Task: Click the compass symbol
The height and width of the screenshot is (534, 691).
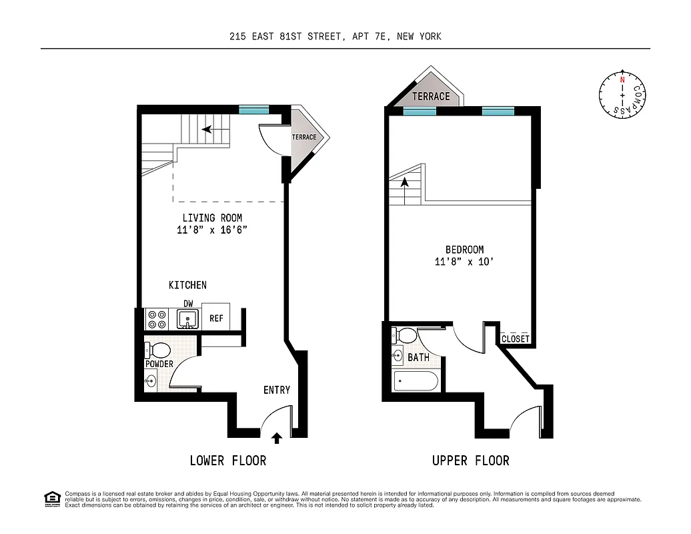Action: pyautogui.click(x=622, y=95)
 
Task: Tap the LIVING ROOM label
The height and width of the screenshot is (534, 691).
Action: pyautogui.click(x=212, y=218)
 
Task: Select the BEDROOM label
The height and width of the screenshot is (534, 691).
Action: pyautogui.click(x=464, y=250)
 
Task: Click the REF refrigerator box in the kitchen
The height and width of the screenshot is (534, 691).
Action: pyautogui.click(x=216, y=318)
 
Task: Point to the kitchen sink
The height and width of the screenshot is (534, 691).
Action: pyautogui.click(x=188, y=319)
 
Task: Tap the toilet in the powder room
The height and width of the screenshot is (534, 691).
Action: pyautogui.click(x=158, y=350)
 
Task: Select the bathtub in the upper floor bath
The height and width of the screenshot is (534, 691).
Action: pyautogui.click(x=416, y=382)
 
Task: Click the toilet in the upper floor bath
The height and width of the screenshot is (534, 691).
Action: pyautogui.click(x=404, y=334)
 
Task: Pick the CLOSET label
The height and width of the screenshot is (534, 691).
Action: pyautogui.click(x=516, y=339)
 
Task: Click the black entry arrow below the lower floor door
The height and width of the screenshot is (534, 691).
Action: pyautogui.click(x=277, y=439)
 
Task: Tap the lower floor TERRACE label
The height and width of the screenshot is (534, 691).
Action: pyautogui.click(x=303, y=138)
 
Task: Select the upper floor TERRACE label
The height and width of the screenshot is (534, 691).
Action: pyautogui.click(x=431, y=96)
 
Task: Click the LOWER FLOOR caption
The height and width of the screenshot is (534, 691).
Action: pyautogui.click(x=227, y=461)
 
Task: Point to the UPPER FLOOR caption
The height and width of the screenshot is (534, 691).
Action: pyautogui.click(x=470, y=461)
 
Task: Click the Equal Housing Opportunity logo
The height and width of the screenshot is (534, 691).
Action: pyautogui.click(x=51, y=498)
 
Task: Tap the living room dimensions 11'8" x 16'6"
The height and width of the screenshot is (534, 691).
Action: pyautogui.click(x=212, y=230)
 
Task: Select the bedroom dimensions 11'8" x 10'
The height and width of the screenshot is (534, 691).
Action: pyautogui.click(x=464, y=262)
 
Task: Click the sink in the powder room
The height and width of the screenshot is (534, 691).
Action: pyautogui.click(x=151, y=381)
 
